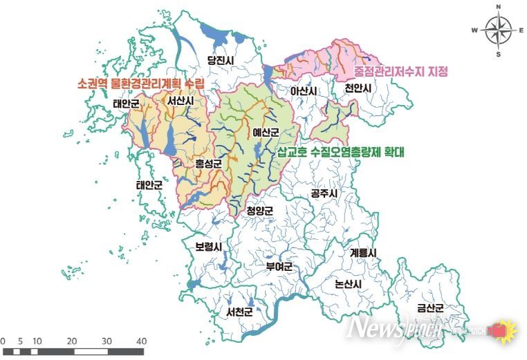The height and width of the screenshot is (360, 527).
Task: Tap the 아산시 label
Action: click(x=304, y=91)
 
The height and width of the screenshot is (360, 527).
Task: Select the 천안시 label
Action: click(x=358, y=89)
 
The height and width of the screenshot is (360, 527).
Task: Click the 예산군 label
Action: click(x=265, y=131)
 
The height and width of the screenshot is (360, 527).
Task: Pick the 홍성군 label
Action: click(x=208, y=164)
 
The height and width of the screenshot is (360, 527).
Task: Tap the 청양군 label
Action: click(x=260, y=211)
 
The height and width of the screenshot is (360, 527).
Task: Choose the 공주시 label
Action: click(x=324, y=193)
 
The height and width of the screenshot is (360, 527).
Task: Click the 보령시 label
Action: click(x=208, y=246)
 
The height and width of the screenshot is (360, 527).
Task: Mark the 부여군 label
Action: click(x=279, y=266)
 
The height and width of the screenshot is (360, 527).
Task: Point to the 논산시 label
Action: click(x=348, y=284)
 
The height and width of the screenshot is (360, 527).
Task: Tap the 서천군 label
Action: click(x=239, y=312)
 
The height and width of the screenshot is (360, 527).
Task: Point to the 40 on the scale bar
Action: click(x=141, y=341)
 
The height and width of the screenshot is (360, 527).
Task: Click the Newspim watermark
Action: click(x=394, y=328)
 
